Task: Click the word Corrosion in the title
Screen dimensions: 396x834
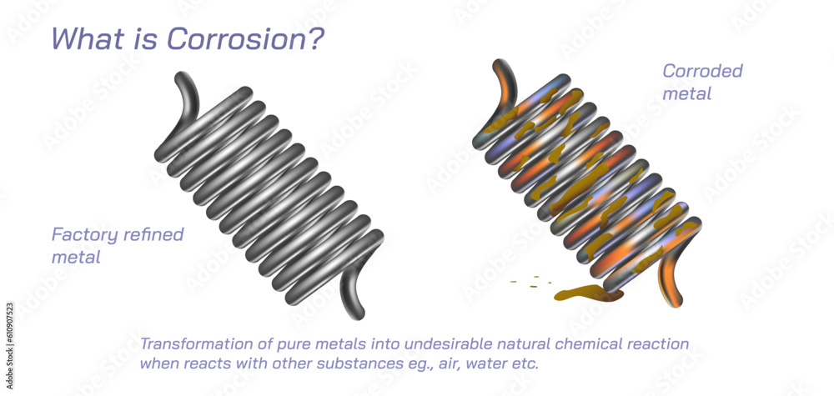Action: click(249, 38)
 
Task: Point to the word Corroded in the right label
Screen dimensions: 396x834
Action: click(702, 71)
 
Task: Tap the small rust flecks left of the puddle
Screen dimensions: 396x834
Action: click(528, 282)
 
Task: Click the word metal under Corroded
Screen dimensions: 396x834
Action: click(686, 93)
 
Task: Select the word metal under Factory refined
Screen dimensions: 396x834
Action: click(76, 257)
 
